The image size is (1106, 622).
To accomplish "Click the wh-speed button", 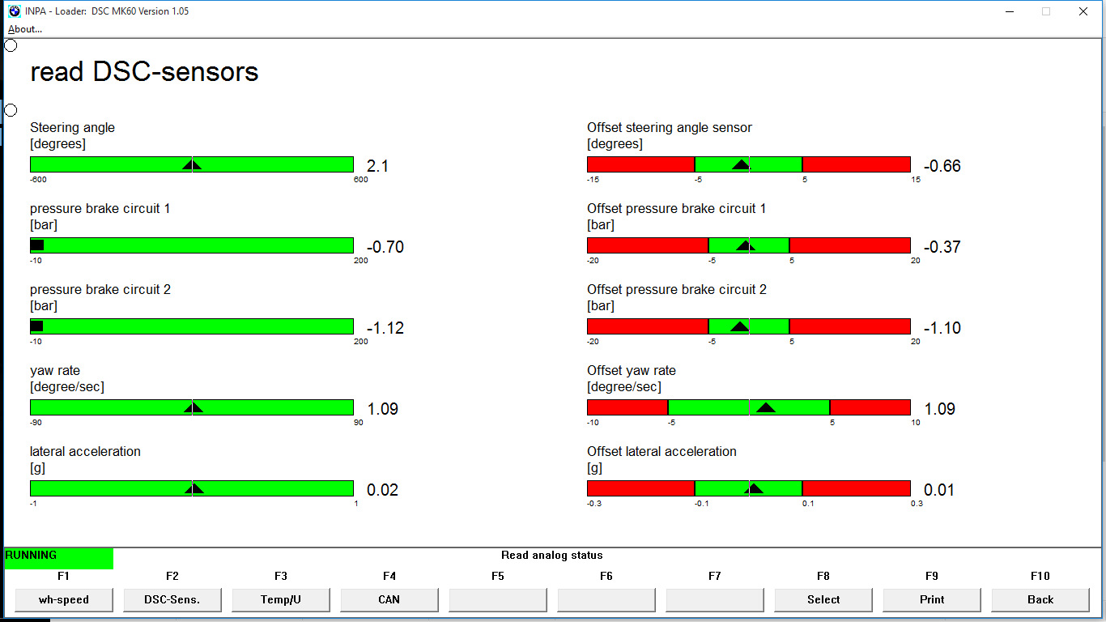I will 64,599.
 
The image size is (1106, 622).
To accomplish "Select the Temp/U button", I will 281,599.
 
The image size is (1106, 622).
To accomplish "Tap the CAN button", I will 389,599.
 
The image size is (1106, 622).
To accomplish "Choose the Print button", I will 932,599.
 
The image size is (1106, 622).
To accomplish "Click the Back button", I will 1040,599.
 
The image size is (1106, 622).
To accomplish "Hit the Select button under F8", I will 823,599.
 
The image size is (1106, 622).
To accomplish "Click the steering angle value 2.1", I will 378,166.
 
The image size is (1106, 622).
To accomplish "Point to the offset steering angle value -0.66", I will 942,166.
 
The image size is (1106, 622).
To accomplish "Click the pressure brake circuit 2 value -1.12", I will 385,328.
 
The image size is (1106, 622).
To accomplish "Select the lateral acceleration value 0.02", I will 383,490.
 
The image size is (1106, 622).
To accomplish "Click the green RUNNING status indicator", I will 59,558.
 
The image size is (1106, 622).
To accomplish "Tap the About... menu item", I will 25,29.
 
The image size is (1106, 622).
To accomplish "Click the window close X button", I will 1083,11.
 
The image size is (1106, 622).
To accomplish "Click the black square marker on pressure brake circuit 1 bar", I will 37,245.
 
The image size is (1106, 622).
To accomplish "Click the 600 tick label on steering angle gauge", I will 360,180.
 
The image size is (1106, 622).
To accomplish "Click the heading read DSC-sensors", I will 144,72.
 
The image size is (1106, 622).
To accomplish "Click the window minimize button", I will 1009,11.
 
